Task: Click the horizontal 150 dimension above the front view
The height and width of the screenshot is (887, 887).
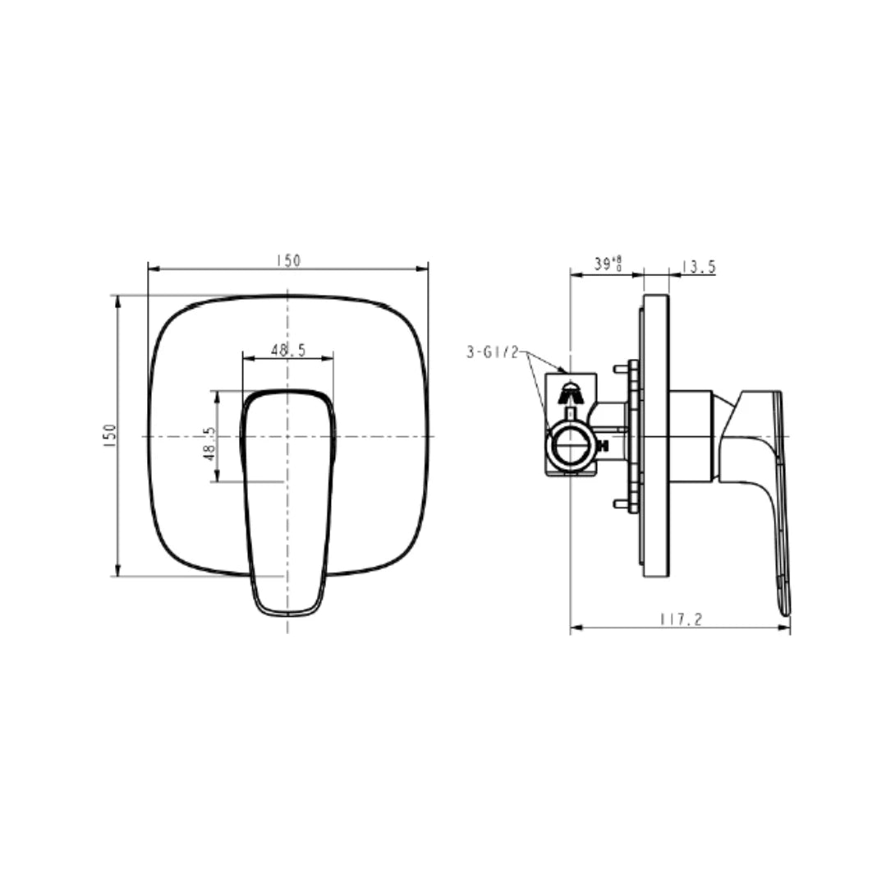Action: pos(287,260)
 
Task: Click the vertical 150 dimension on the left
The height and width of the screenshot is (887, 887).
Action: pos(110,435)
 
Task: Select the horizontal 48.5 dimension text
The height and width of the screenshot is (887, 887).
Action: pos(287,351)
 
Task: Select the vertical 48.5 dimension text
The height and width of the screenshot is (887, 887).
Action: pos(209,443)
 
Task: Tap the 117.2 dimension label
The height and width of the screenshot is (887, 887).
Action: pos(681,621)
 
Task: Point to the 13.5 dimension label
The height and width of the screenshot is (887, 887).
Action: pos(699,266)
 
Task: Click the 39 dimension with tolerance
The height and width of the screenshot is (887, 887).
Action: pos(607,264)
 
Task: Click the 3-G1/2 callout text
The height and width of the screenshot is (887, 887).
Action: pos(493,353)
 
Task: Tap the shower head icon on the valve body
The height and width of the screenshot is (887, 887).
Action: pos(572,393)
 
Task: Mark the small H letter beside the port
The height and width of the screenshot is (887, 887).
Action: pos(603,447)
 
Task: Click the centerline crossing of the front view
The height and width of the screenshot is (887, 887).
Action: pos(287,436)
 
